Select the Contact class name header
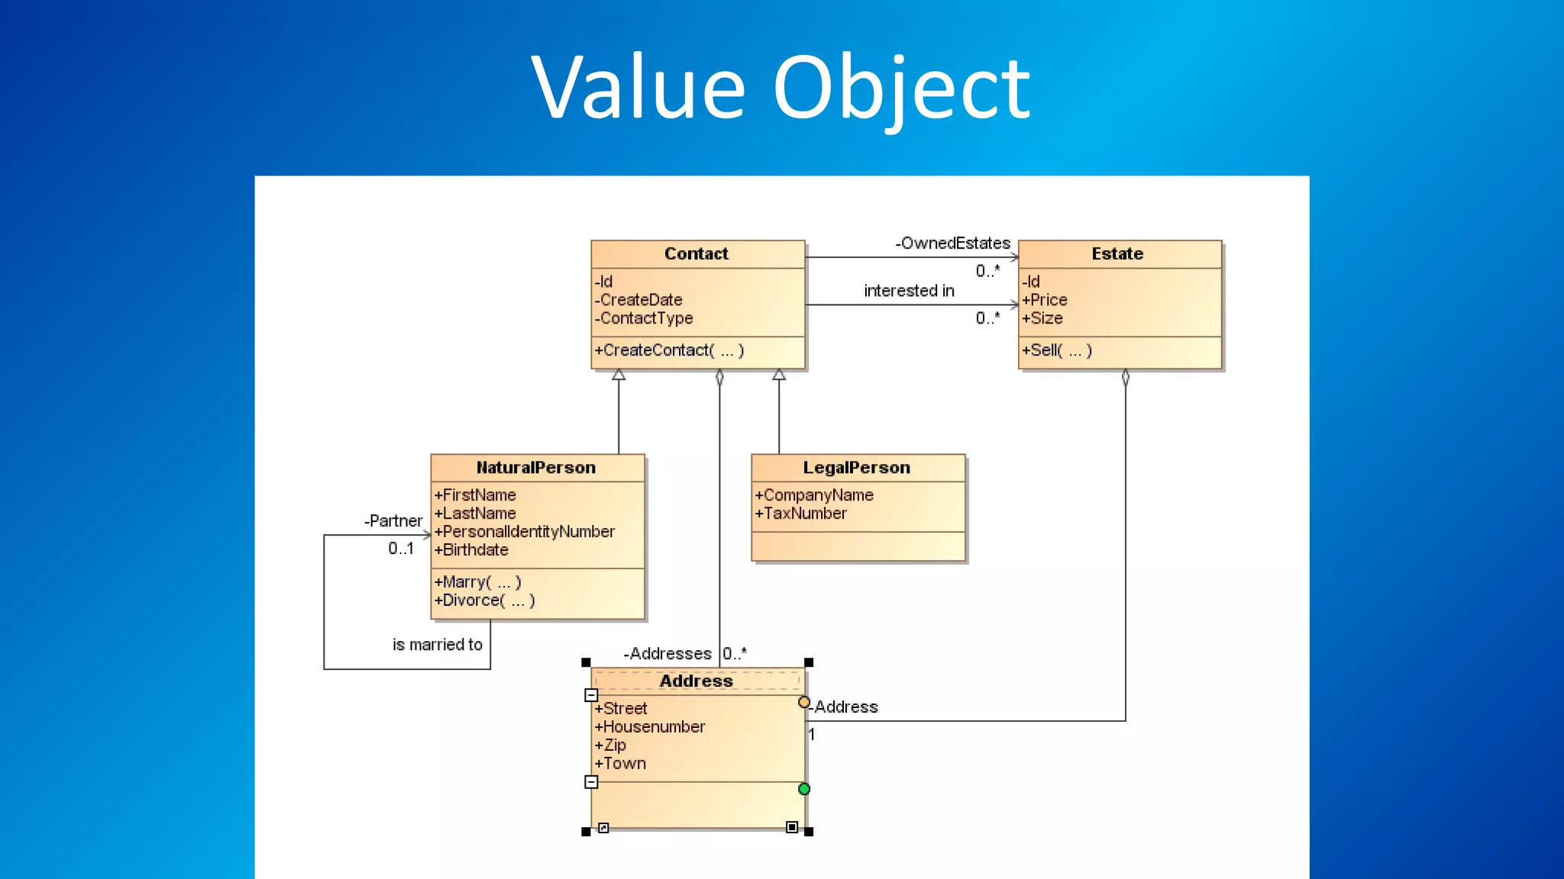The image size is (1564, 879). pos(696,254)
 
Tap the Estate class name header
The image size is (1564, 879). pos(1116,254)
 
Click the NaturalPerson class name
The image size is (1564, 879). pos(535,468)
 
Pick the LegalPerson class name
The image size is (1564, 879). pos(856,468)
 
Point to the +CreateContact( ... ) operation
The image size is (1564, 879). pos(669,350)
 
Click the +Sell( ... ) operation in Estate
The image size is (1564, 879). pos(1057,350)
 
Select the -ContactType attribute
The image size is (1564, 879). pos(644,318)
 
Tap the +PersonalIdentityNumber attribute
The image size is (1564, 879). pos(525,532)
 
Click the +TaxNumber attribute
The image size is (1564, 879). pos(800,514)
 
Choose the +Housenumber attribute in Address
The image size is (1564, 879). pos(650,727)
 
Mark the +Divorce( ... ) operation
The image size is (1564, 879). pos(484,600)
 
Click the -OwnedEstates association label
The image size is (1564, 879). pos(952,243)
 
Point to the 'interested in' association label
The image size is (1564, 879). pos(909,291)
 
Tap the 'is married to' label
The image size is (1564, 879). pos(437,645)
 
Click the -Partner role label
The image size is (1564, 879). pos(393,521)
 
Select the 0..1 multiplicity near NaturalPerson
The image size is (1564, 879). pos(401,549)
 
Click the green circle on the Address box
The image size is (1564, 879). pos(803,789)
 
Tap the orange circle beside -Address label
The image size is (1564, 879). pos(803,702)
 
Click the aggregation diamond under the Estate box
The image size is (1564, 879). pos(1125,378)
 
